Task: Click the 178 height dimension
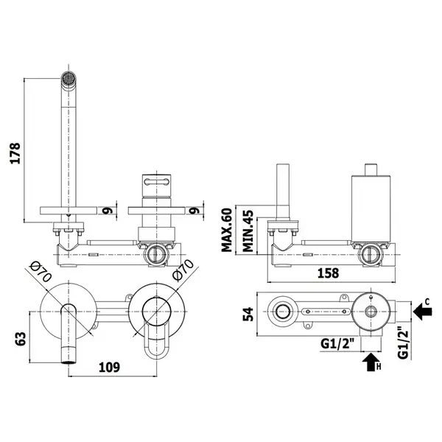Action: [x=15, y=153]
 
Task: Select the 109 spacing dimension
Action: [x=109, y=367]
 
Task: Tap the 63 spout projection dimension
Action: [x=21, y=338]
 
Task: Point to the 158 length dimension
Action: [x=328, y=273]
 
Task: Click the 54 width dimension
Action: [x=248, y=315]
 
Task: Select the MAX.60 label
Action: [x=227, y=230]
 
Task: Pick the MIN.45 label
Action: [x=248, y=231]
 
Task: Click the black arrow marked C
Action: [x=423, y=312]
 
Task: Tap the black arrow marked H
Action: [x=371, y=362]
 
